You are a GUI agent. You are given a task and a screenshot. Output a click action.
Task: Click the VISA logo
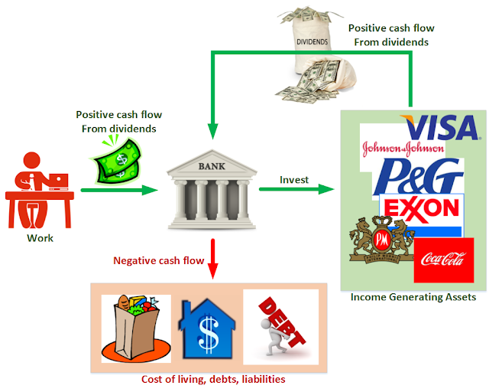440,127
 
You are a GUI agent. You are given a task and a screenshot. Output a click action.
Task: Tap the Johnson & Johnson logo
403,149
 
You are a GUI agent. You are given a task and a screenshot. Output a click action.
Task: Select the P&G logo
418,177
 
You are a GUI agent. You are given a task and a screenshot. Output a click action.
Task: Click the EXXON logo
422,209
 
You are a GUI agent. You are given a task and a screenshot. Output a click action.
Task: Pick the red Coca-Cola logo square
444,260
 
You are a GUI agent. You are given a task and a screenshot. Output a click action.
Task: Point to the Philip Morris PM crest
382,240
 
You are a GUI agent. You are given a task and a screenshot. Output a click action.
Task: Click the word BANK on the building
212,166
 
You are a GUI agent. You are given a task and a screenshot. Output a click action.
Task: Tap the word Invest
294,180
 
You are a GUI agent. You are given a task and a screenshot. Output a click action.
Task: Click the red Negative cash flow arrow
212,259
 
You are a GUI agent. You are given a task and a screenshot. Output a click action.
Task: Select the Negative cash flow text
158,260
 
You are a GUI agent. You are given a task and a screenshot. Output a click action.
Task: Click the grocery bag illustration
136,329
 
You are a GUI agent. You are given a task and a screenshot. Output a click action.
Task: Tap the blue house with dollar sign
206,329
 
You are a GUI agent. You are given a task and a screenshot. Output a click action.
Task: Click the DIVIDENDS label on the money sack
313,42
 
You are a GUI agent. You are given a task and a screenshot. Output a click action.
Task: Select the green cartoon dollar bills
118,162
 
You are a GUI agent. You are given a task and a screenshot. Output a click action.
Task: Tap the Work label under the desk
40,238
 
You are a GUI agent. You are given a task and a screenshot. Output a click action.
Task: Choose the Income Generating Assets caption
413,297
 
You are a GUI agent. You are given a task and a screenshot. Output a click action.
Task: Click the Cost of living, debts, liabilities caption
213,379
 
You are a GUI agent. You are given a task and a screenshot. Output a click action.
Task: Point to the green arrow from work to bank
119,190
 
